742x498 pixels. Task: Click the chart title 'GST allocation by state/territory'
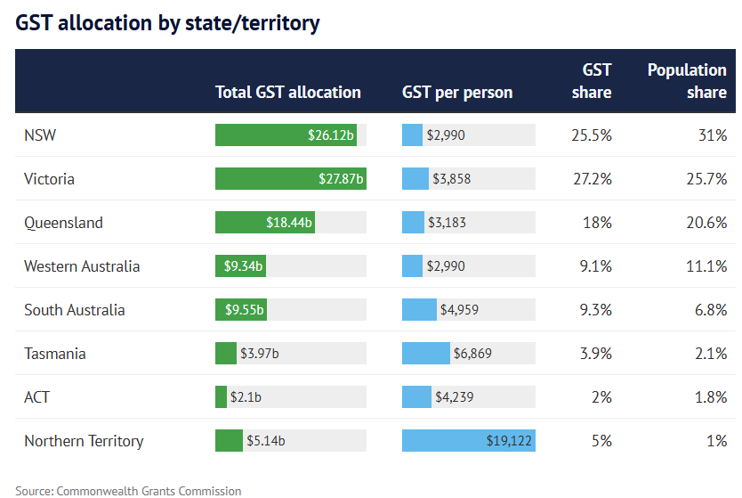coord(167,23)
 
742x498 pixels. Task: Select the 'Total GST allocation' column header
coord(287,92)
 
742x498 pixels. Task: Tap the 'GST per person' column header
coord(457,92)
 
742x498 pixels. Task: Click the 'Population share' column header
coord(687,80)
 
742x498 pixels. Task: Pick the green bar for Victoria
coord(290,179)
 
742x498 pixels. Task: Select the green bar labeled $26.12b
coord(286,135)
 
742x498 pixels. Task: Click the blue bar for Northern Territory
coord(468,441)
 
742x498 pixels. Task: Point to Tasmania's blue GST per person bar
coord(426,354)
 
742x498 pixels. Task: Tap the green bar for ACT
coord(221,397)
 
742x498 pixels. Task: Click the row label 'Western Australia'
coord(82,266)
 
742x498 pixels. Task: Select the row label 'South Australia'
coord(74,310)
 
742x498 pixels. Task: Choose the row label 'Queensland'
coord(63,223)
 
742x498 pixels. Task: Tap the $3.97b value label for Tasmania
coord(260,354)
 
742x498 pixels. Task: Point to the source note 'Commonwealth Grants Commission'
coord(149,491)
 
